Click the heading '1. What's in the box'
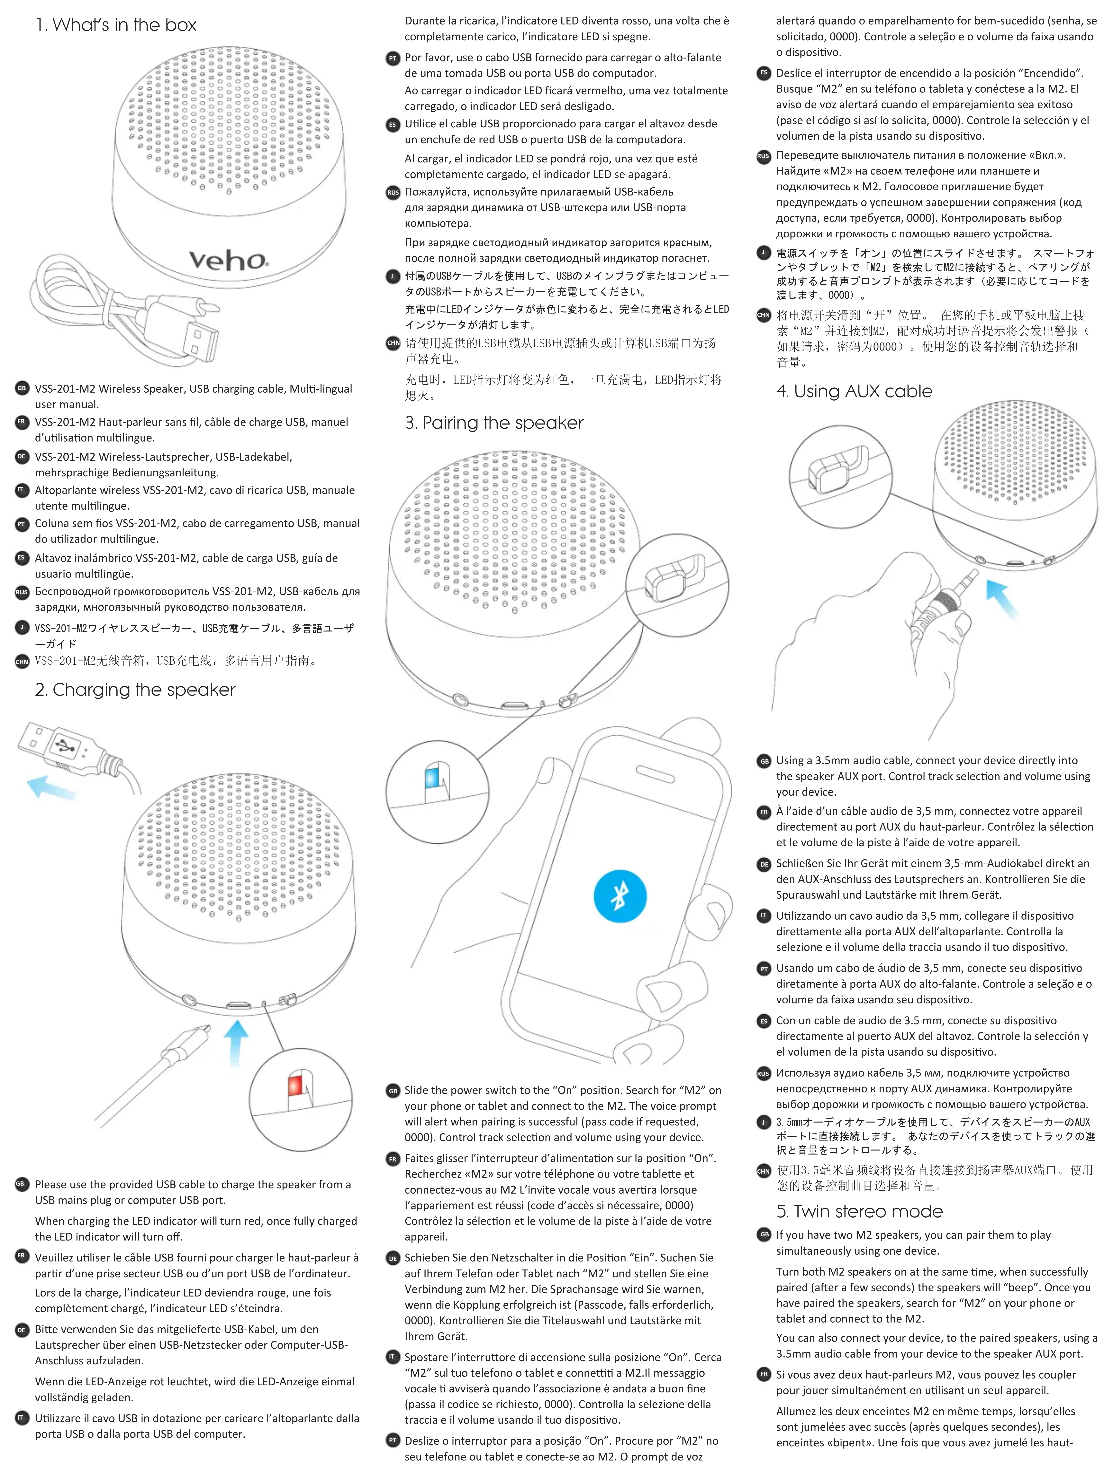coord(116,25)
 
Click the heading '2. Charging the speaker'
coord(135,690)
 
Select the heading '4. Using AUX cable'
coord(854,392)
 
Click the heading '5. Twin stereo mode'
coord(859,1212)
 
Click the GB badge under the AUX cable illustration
coord(764,761)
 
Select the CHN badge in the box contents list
coord(22,662)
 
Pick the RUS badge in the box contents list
coord(22,592)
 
